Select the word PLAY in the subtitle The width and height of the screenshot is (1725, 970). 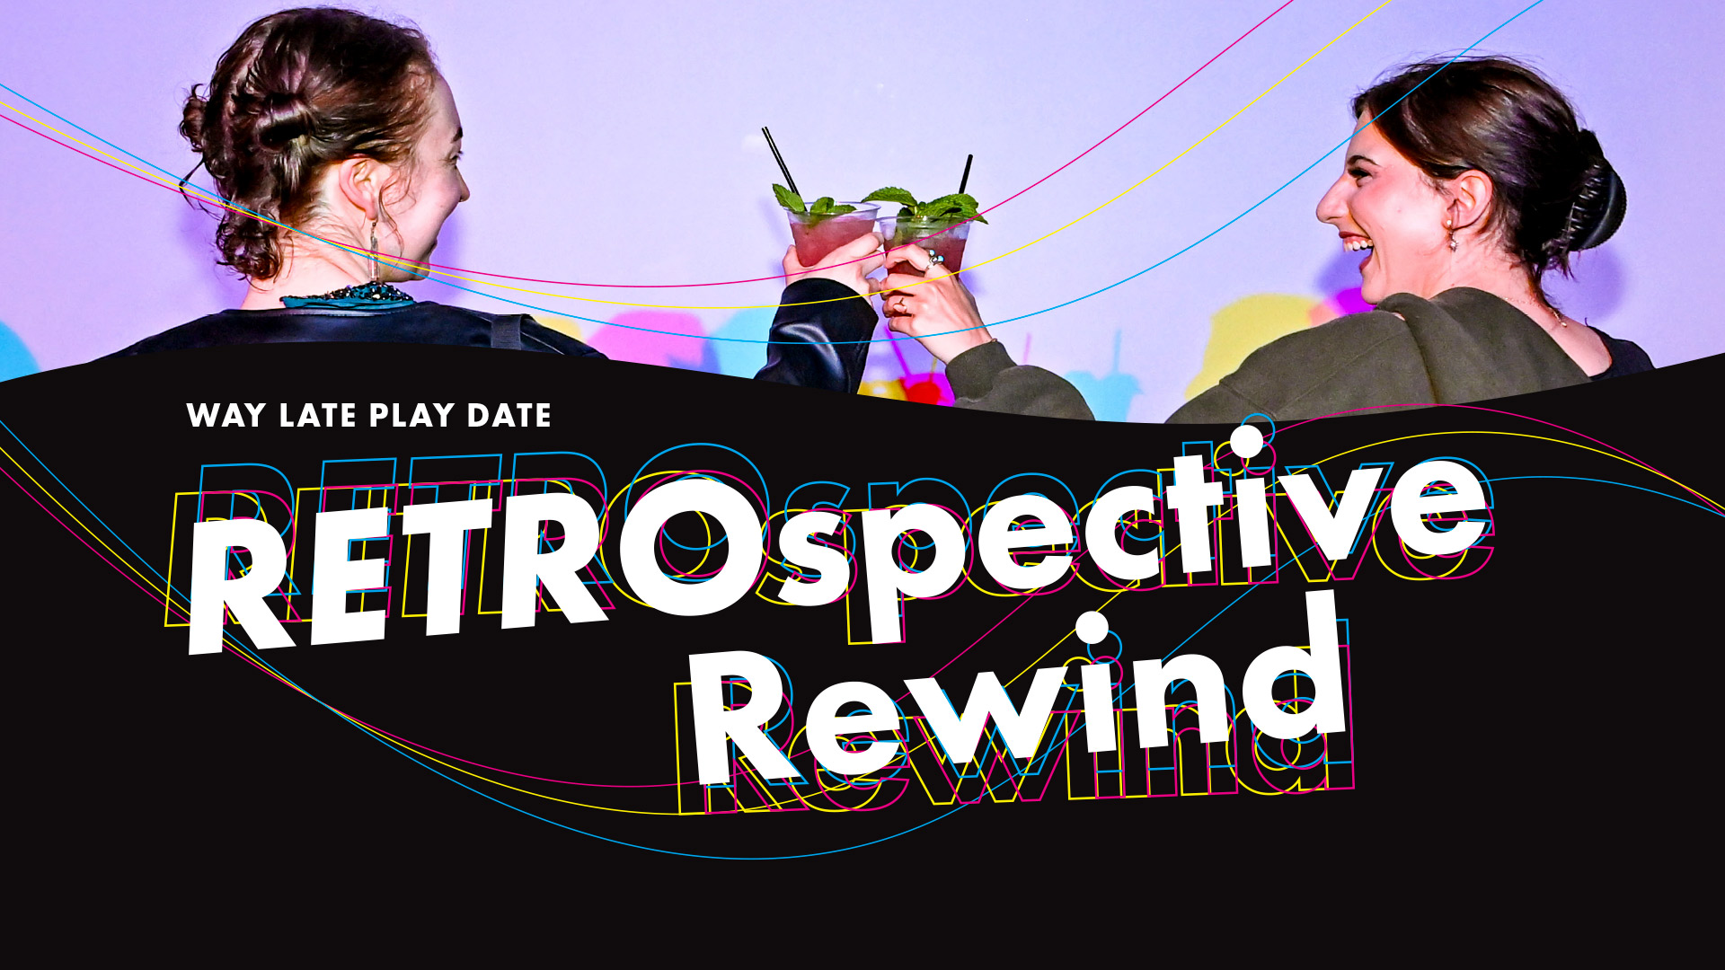[x=412, y=416]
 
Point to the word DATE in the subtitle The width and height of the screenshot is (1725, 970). [x=509, y=416]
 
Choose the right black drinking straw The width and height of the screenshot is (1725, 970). [x=966, y=176]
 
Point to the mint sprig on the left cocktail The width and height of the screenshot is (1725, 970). [x=809, y=202]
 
